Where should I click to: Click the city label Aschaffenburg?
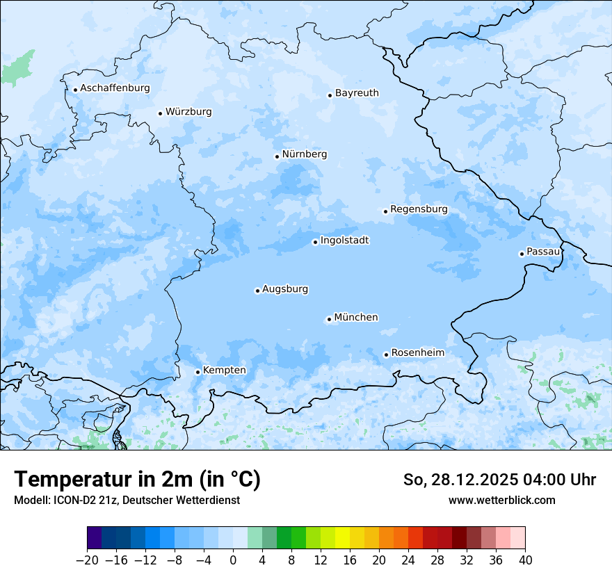click(115, 88)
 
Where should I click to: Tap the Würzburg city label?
click(188, 112)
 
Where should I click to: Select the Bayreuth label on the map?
click(357, 93)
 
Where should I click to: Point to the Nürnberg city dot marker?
click(277, 156)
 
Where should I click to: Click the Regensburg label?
click(419, 209)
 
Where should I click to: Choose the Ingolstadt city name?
click(344, 241)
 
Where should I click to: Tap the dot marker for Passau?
click(522, 254)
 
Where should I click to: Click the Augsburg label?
click(285, 289)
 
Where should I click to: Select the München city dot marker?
click(329, 320)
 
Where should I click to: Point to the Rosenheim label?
click(417, 353)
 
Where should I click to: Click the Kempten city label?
click(224, 371)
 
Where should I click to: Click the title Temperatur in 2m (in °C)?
click(137, 480)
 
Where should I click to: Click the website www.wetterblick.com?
click(501, 500)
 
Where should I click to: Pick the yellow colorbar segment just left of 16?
click(342, 538)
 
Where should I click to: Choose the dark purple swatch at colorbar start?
click(95, 538)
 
